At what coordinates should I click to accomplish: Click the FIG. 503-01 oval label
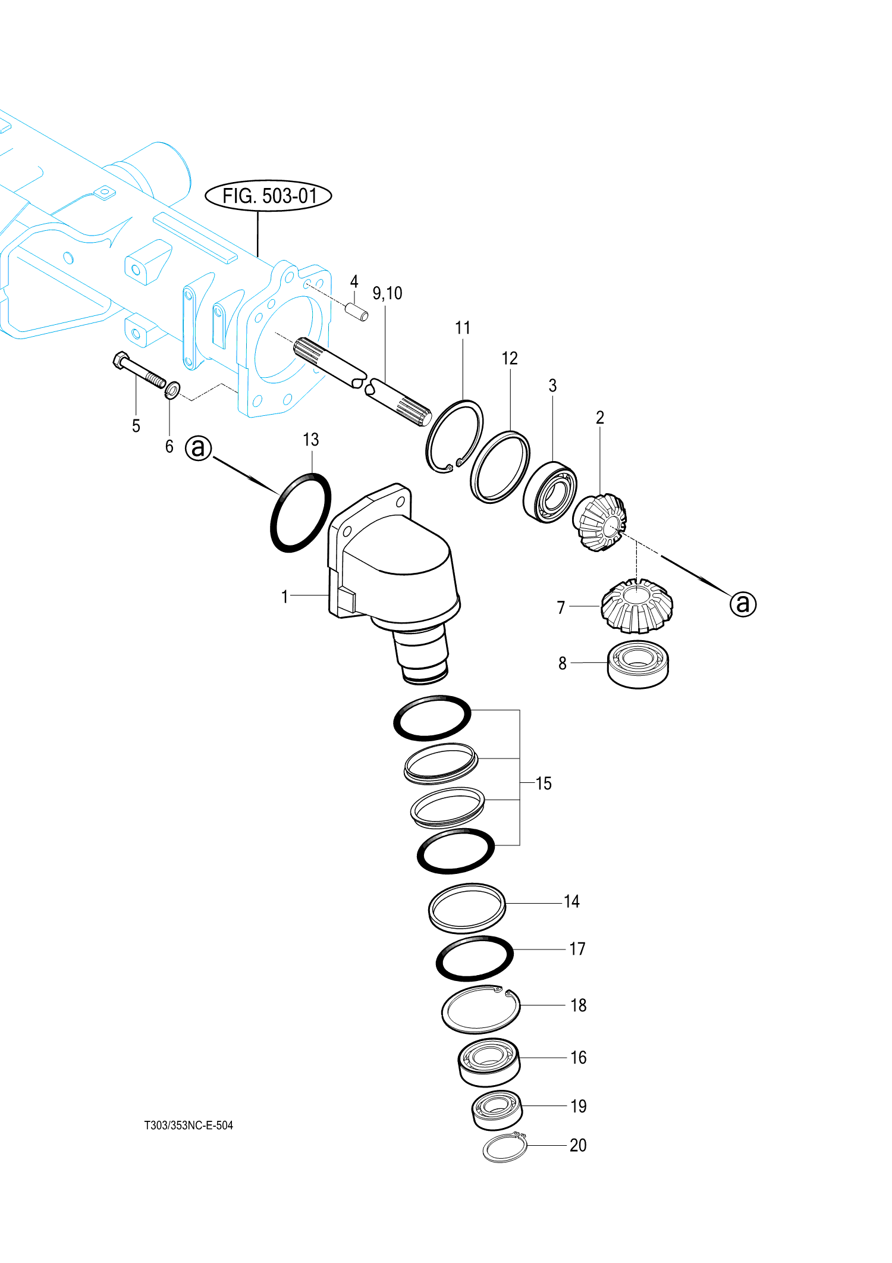coord(268,196)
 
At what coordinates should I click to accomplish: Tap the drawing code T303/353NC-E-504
coord(189,1125)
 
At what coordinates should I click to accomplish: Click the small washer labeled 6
coord(172,390)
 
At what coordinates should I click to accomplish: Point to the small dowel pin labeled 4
coord(357,312)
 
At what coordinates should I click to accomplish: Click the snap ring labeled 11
coord(454,437)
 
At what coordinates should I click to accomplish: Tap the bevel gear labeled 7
coord(637,606)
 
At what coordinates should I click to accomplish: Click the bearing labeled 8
coord(638,665)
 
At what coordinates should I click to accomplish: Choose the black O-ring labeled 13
coord(300,512)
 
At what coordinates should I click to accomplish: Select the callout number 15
coord(544,784)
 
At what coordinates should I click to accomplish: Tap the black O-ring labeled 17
coord(475,958)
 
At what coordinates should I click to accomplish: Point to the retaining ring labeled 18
coord(480,1010)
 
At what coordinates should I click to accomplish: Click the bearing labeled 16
coord(489,1062)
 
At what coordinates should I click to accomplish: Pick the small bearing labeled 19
coord(497,1110)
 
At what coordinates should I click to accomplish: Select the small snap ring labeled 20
coord(504,1148)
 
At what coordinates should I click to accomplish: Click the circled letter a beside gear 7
coord(743,604)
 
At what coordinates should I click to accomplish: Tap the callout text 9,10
coord(387,293)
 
